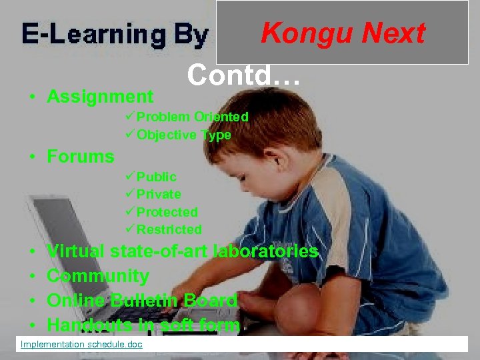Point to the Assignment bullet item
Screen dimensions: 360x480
click(x=100, y=97)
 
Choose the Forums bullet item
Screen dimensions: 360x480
click(x=81, y=157)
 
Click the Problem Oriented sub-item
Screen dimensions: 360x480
click(x=192, y=117)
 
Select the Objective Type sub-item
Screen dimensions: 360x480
click(x=183, y=135)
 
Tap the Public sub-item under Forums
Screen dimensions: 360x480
click(x=156, y=177)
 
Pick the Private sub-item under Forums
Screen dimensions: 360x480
click(x=158, y=194)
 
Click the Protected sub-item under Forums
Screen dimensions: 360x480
click(x=167, y=212)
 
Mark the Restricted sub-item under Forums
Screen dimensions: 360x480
click(x=169, y=229)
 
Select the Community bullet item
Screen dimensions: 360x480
click(x=98, y=275)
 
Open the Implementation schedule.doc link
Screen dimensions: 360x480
click(x=81, y=344)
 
